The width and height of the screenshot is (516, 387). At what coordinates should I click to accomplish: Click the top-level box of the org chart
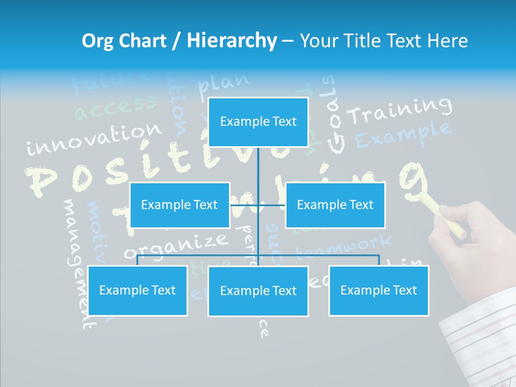[x=258, y=122]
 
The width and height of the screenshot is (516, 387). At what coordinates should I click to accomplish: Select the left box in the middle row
[x=180, y=205]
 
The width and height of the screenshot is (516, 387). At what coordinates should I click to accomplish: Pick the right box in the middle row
[x=335, y=205]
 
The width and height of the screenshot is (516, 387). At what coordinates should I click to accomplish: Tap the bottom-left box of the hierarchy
[x=137, y=290]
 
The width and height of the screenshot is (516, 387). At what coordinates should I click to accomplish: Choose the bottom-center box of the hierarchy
[x=258, y=291]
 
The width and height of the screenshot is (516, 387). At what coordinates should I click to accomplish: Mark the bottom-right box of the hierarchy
[x=378, y=290]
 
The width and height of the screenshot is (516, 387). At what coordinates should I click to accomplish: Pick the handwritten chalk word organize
[x=176, y=245]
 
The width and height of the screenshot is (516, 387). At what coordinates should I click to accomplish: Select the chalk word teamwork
[x=344, y=246]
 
